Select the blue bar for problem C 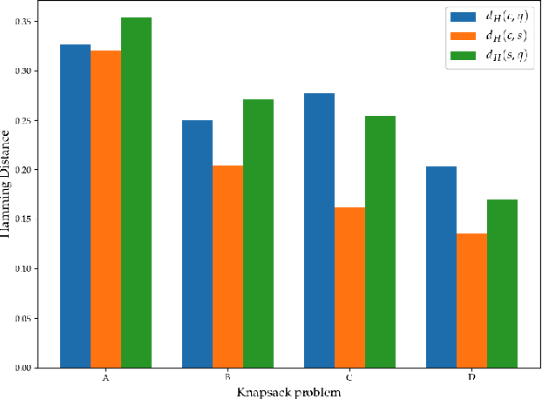click(319, 230)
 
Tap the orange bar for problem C click(349, 287)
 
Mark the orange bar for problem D click(471, 300)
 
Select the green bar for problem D click(502, 283)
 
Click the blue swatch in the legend click(461, 17)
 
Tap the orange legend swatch click(461, 36)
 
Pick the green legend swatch click(461, 55)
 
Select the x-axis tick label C click(349, 378)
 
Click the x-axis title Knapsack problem click(288, 392)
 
